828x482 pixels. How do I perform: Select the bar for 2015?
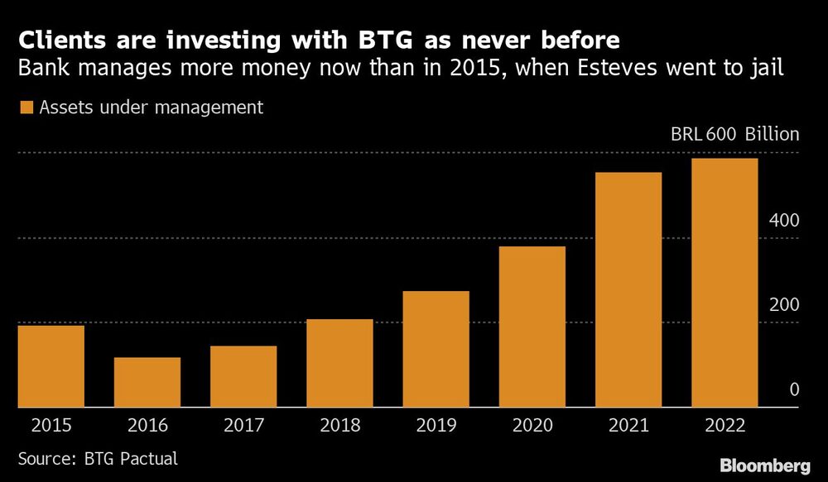51,366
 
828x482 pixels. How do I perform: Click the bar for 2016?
147,382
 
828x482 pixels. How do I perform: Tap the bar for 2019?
436,349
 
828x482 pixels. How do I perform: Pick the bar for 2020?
532,327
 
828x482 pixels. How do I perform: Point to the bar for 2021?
628,289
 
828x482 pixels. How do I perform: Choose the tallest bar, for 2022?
724,283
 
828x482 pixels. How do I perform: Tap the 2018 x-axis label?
339,426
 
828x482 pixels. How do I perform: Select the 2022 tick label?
724,426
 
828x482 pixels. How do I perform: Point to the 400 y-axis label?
782,221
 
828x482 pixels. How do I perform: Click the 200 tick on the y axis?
782,305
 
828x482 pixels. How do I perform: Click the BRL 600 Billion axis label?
734,134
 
